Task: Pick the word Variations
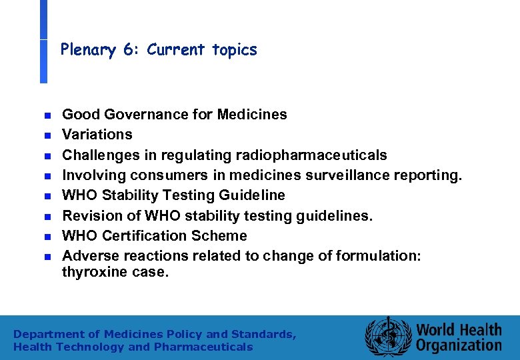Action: pyautogui.click(x=97, y=135)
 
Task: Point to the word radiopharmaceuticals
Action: pyautogui.click(x=311, y=155)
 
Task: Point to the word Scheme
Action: pyautogui.click(x=219, y=236)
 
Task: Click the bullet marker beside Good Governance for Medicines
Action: pyautogui.click(x=47, y=115)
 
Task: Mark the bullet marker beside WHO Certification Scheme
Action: pyautogui.click(x=47, y=237)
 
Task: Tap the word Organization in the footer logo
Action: pyautogui.click(x=459, y=345)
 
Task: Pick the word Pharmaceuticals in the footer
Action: pyautogui.click(x=203, y=347)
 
